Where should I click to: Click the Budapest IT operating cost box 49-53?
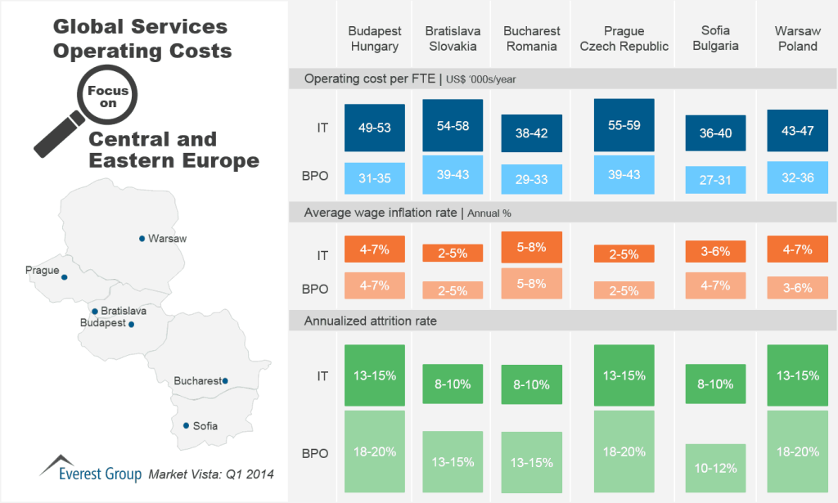375,127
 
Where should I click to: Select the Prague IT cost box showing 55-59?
624,125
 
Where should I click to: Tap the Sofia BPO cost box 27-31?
715,180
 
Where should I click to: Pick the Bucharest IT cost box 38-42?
531,133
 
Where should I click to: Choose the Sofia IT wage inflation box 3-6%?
715,251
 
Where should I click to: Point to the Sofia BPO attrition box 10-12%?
715,468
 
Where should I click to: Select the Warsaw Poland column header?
797,38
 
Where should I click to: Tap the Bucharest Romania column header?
532,38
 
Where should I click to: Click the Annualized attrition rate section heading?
371,321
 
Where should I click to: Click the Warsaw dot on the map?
142,239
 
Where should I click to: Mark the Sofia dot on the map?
186,425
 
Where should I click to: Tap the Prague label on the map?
42,269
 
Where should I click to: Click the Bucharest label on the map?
196,381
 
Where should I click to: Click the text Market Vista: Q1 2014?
211,474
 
